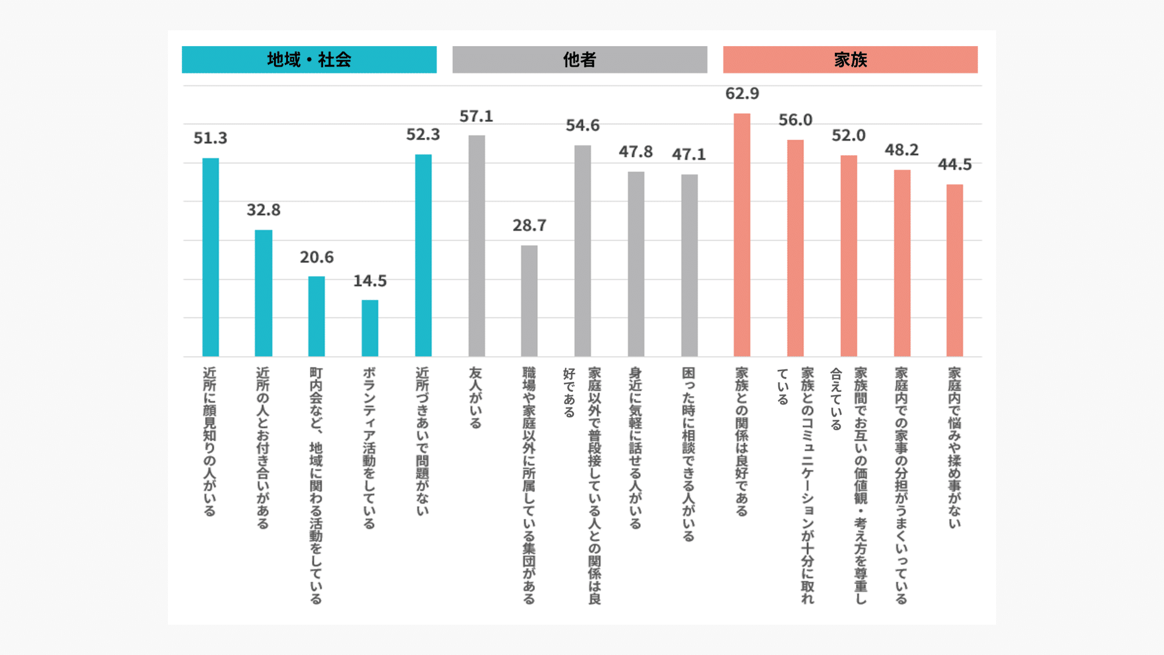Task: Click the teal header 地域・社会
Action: (x=309, y=59)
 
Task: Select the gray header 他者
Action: (x=580, y=59)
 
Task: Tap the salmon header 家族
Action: (x=850, y=59)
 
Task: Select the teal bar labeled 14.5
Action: (x=370, y=328)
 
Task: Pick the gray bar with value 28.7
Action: (x=529, y=301)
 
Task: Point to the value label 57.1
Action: (x=476, y=116)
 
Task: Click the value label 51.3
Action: (x=210, y=138)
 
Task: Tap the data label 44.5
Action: (x=954, y=164)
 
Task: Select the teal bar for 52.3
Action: (x=423, y=255)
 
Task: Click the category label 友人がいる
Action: (x=476, y=398)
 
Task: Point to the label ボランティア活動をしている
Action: (x=369, y=448)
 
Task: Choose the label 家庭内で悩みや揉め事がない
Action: (x=954, y=447)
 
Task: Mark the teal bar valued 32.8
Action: (x=263, y=293)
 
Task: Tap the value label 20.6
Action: (x=316, y=257)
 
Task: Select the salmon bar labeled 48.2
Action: (x=901, y=263)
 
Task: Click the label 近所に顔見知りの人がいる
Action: (x=210, y=441)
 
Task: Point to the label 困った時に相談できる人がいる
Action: (x=689, y=454)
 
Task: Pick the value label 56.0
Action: (x=795, y=120)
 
